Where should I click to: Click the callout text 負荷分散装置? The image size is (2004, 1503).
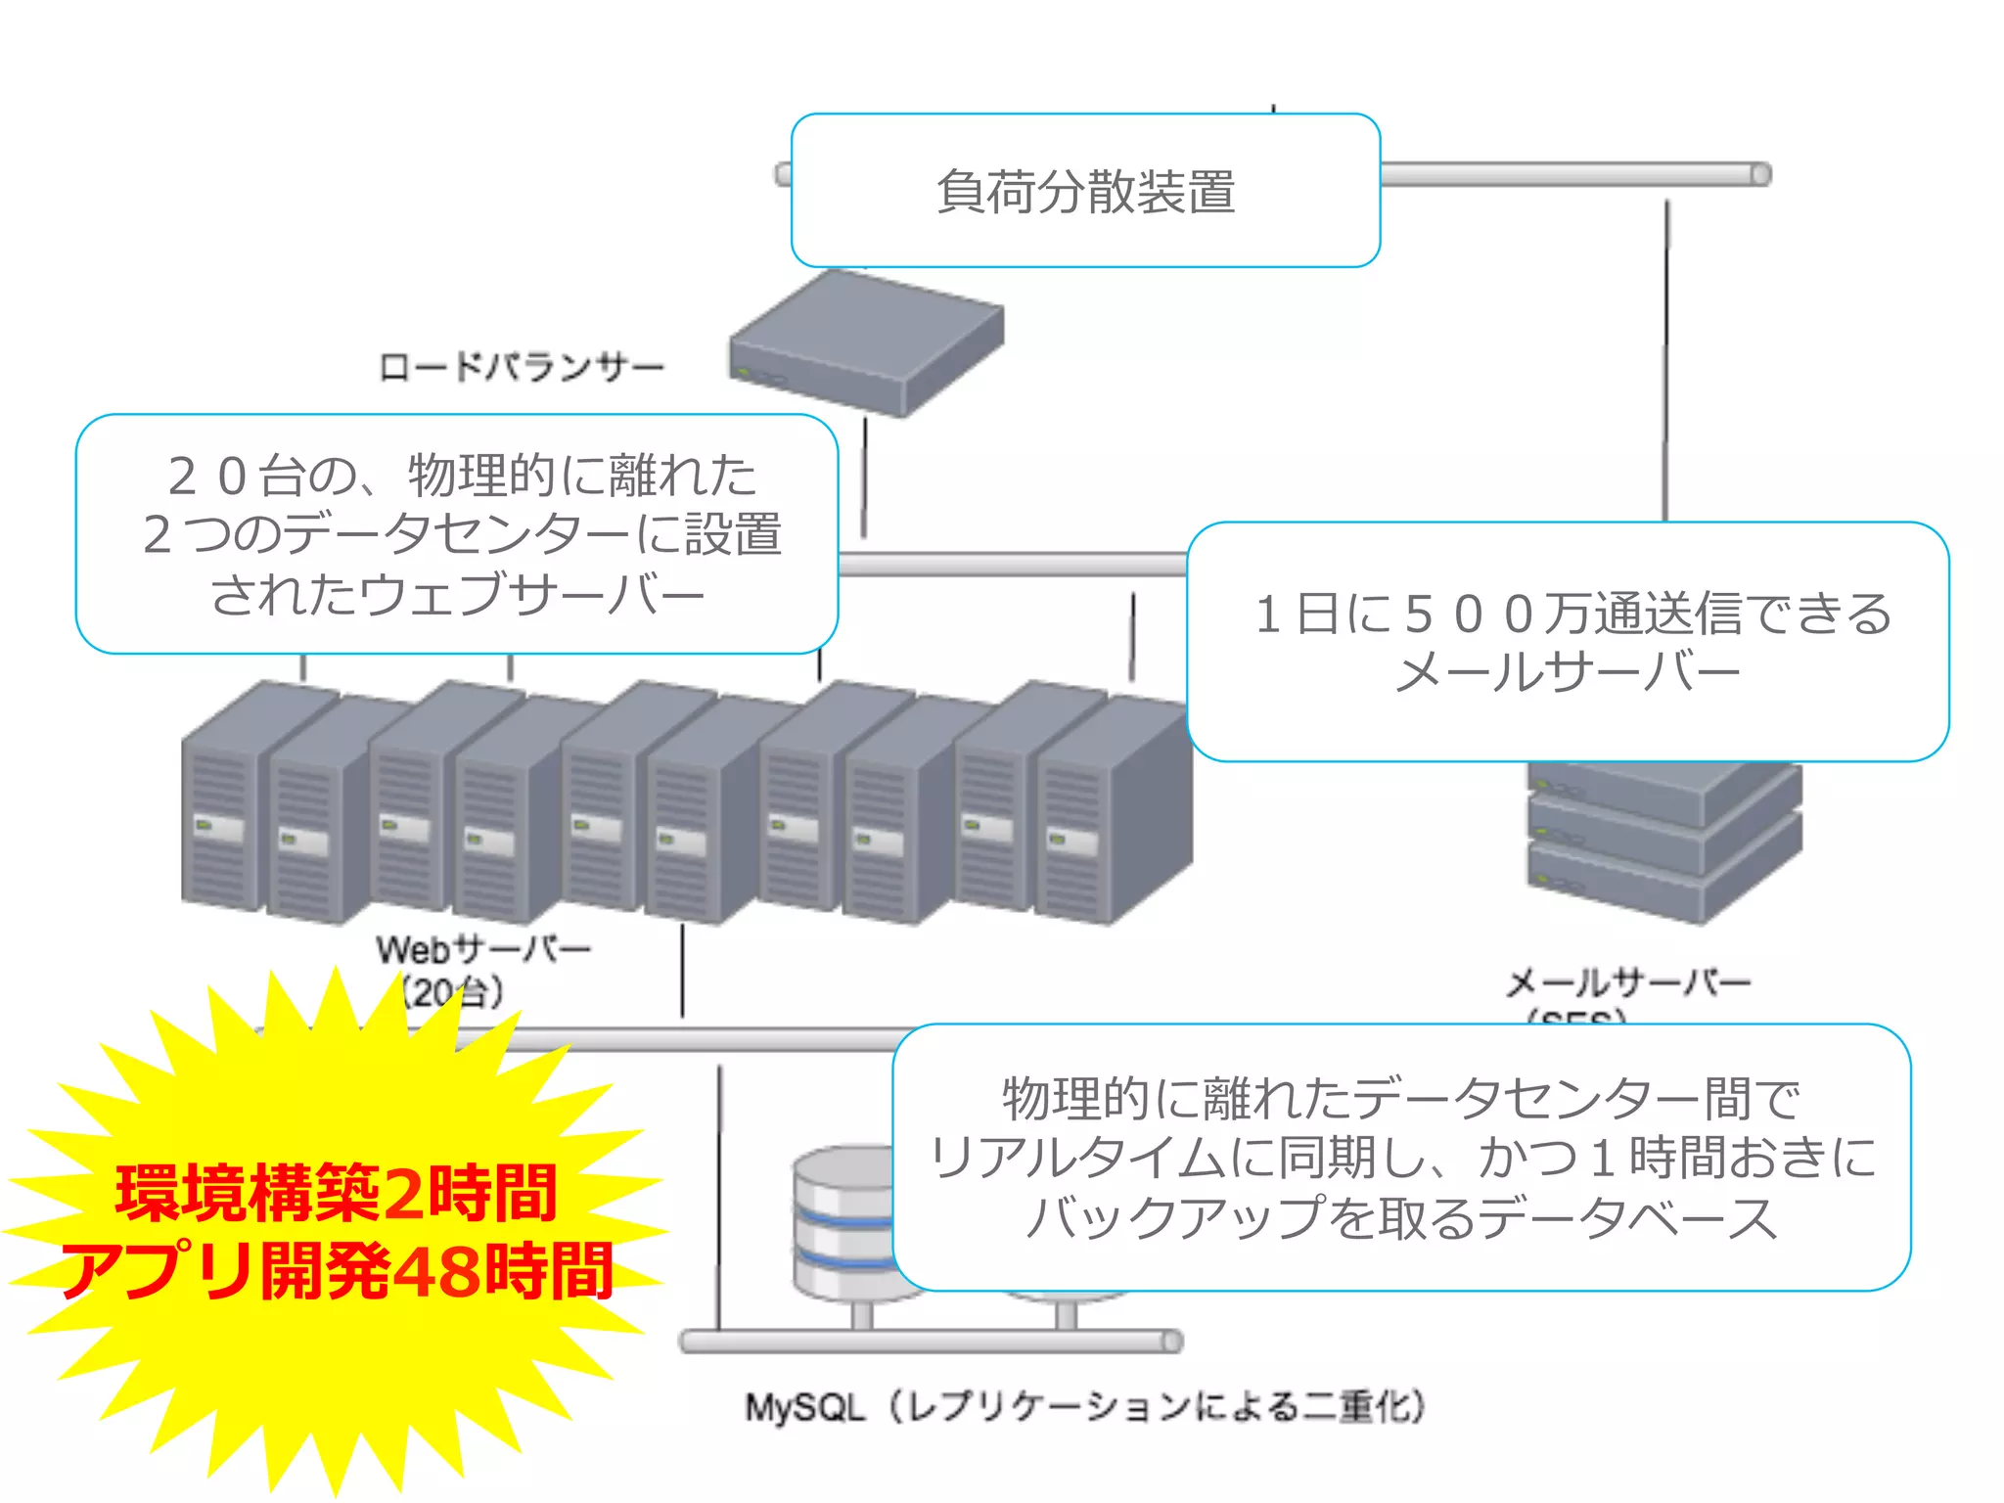pyautogui.click(x=1085, y=192)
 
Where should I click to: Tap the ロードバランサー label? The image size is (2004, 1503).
pyautogui.click(x=522, y=368)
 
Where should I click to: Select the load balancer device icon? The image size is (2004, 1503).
pyautogui.click(x=865, y=342)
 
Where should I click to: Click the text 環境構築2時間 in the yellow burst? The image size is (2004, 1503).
pyautogui.click(x=336, y=1193)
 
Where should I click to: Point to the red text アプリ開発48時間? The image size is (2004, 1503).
pyautogui.click(x=336, y=1270)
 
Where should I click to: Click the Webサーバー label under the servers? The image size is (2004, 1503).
pyautogui.click(x=483, y=948)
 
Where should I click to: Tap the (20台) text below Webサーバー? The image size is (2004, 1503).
pyautogui.click(x=452, y=992)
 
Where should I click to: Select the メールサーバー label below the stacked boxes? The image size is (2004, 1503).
pyautogui.click(x=1627, y=981)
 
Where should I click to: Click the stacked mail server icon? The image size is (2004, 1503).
pyautogui.click(x=1663, y=842)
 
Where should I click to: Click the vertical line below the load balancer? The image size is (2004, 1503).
pyautogui.click(x=864, y=478)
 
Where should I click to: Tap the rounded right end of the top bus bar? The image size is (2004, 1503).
pyautogui.click(x=1759, y=174)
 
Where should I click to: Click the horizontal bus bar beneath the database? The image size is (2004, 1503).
pyautogui.click(x=930, y=1341)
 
